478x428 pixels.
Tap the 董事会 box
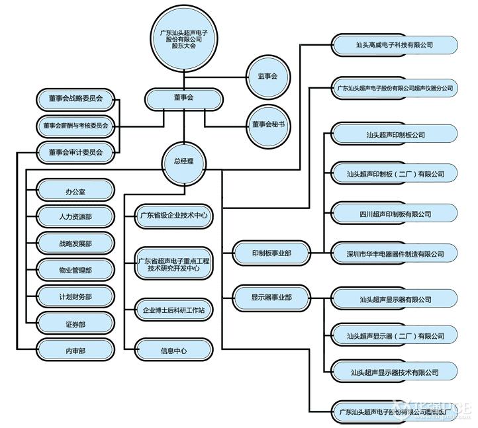(x=183, y=98)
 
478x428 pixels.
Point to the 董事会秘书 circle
(x=267, y=124)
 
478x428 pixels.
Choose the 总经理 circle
(x=183, y=161)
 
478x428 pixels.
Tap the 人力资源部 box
(x=75, y=217)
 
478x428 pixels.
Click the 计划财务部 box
(x=75, y=297)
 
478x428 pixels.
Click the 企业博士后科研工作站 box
(x=173, y=309)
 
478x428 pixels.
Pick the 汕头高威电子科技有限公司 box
(x=394, y=45)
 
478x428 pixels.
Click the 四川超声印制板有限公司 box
(x=394, y=214)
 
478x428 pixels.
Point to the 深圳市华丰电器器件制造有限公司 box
(x=394, y=254)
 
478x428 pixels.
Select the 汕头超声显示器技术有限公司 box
(x=394, y=372)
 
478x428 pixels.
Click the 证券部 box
(x=75, y=323)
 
